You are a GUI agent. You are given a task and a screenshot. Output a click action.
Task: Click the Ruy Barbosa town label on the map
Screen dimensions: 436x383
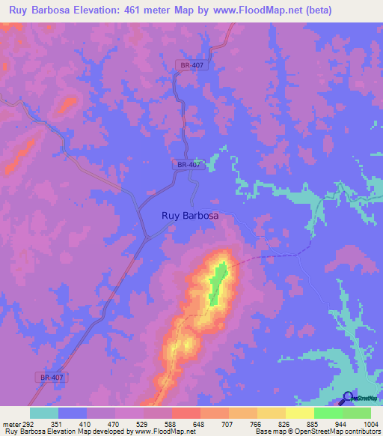(190, 216)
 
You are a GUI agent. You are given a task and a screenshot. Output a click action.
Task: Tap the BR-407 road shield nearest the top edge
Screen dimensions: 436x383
(191, 66)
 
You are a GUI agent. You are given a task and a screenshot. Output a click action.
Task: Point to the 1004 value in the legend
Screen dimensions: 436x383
(371, 423)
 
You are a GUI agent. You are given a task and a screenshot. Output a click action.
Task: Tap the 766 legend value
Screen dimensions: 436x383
(257, 423)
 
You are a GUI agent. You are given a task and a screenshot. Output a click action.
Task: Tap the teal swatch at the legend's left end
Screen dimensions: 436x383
(43, 413)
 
